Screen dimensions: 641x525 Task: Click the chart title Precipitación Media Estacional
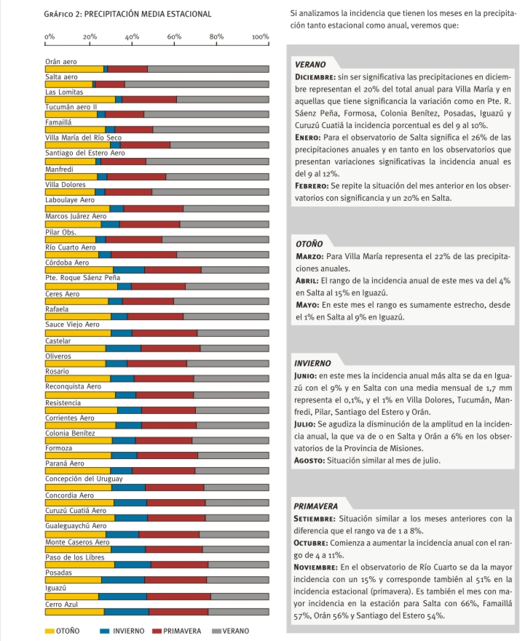tap(128, 14)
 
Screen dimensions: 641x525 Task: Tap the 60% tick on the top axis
tap(175, 36)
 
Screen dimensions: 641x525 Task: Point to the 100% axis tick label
tap(260, 36)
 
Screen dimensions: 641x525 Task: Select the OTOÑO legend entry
tap(62, 630)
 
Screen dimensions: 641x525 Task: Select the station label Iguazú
tap(55, 586)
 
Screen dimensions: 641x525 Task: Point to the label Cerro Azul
tap(62, 604)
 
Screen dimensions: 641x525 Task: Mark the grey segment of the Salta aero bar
tap(197, 84)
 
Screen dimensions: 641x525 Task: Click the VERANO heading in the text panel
tap(311, 65)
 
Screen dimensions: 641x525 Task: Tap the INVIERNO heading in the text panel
tap(314, 362)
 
